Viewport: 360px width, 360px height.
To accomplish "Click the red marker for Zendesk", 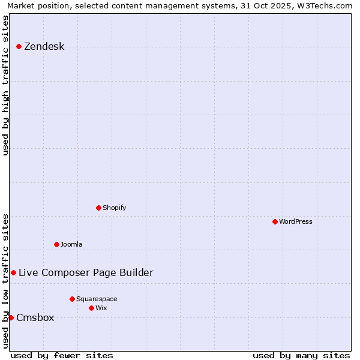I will [19, 46].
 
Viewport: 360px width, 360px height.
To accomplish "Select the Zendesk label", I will [44, 47].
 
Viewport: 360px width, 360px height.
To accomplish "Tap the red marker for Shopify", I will [98, 208].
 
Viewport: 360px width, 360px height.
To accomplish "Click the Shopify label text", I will [114, 208].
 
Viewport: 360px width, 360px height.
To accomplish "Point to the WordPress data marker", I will [275, 221].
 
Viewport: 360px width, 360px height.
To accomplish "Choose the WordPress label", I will [296, 221].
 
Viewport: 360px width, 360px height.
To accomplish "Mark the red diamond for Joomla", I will [56, 244].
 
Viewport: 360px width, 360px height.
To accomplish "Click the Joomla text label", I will [71, 244].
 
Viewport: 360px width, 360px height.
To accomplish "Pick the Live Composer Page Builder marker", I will [13, 272].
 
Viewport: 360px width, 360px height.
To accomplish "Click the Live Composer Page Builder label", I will [86, 273].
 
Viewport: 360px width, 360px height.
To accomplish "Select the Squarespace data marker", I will [72, 299].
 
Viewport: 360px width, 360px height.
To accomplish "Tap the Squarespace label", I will [97, 299].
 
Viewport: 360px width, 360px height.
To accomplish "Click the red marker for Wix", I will [91, 308].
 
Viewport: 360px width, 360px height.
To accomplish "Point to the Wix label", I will [101, 308].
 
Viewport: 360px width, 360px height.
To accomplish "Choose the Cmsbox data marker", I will [11, 317].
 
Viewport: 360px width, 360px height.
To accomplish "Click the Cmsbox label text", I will [35, 318].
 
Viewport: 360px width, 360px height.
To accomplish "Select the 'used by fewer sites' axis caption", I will [62, 355].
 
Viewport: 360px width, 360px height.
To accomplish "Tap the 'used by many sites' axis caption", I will [301, 355].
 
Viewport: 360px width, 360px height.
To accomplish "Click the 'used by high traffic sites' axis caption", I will [5, 85].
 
